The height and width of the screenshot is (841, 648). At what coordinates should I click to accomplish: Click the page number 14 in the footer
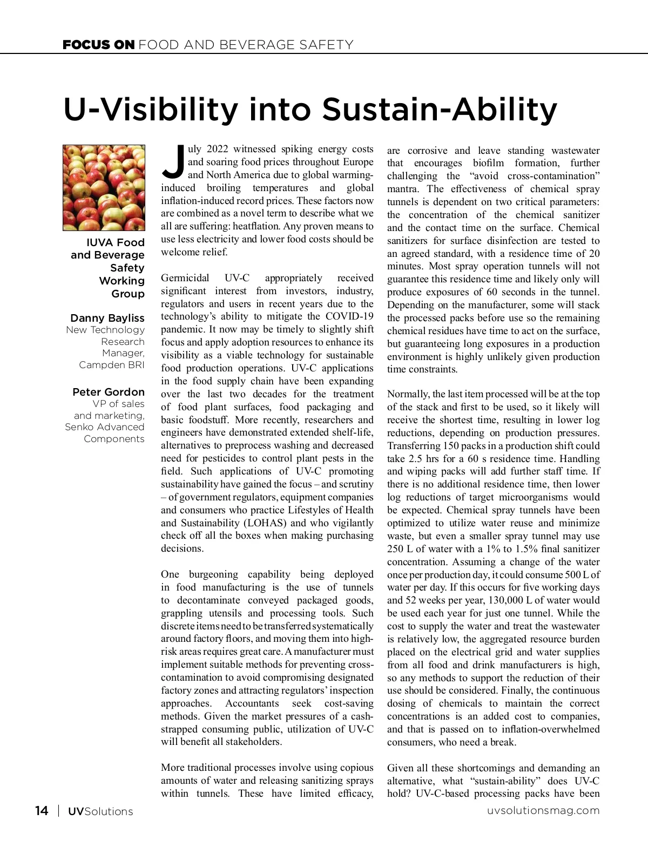[42, 811]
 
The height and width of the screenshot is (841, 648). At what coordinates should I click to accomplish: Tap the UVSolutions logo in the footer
[100, 811]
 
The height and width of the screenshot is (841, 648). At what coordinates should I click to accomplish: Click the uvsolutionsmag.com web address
[543, 811]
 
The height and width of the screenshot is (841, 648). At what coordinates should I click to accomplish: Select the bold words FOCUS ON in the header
[98, 45]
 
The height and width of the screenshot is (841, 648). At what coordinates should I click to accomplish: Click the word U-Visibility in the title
[150, 110]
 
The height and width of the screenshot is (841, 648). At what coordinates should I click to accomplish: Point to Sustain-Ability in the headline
[440, 110]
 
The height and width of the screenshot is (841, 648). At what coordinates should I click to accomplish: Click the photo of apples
[104, 187]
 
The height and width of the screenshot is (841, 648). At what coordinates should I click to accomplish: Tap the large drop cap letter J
[173, 161]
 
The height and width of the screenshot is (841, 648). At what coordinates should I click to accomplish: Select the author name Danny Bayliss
[107, 318]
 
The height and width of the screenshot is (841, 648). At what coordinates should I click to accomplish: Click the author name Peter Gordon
[109, 392]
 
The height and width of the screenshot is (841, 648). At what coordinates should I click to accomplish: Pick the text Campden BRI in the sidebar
[112, 365]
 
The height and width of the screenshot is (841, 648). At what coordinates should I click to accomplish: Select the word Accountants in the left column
[252, 703]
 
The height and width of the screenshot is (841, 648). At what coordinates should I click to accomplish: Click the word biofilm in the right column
[488, 163]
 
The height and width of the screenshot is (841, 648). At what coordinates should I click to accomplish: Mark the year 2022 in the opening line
[218, 149]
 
